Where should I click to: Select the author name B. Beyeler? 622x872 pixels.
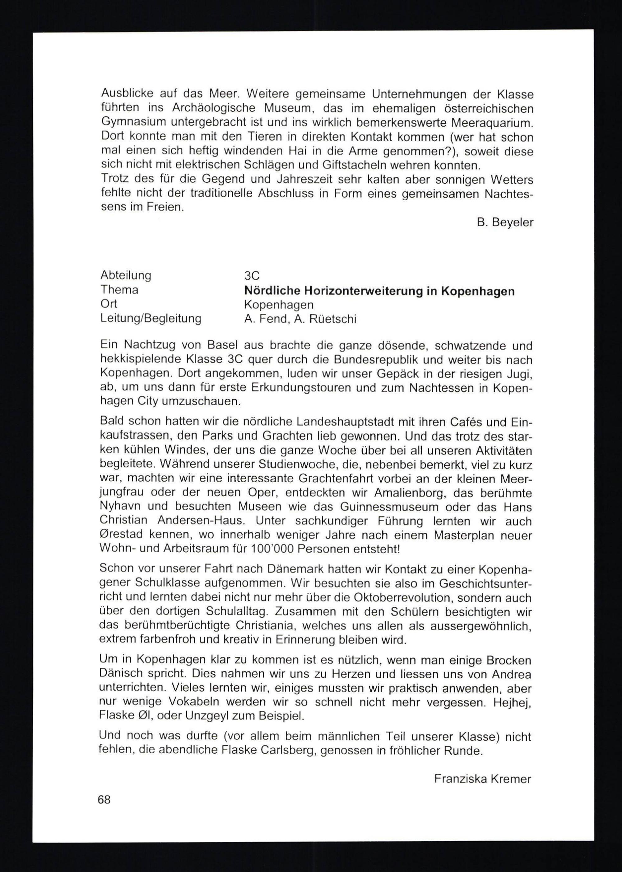point(505,222)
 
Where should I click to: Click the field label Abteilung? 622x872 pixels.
point(126,275)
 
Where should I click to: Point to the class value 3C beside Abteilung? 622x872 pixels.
point(252,276)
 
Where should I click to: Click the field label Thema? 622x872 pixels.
point(119,290)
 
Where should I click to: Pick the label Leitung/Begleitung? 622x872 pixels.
point(151,318)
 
